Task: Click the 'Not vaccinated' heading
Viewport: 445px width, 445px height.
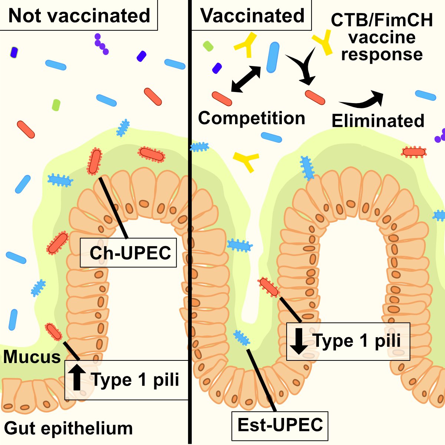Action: [79, 16]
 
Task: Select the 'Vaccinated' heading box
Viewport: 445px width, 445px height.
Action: [252, 16]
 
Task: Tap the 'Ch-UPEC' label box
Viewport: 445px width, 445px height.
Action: [128, 253]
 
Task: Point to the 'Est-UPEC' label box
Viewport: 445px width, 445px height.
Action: [280, 425]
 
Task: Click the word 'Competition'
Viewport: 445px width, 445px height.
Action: [251, 118]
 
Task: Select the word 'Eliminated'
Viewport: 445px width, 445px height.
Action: [378, 121]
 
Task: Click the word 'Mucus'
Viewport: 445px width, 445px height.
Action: [32, 357]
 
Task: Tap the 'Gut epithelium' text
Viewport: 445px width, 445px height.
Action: [69, 428]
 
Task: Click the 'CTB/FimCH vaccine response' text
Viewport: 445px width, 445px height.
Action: [382, 37]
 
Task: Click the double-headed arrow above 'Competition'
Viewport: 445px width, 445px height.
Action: [246, 79]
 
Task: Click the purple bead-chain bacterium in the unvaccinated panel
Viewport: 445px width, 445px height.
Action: [101, 44]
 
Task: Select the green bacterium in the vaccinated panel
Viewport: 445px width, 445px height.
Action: [208, 46]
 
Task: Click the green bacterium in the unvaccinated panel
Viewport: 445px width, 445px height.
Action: [56, 105]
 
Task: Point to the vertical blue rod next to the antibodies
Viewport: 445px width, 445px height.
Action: [273, 57]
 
